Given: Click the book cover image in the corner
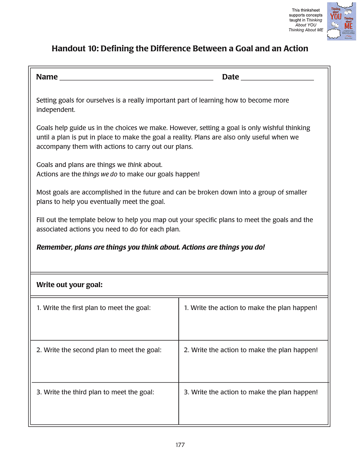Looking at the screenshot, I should pos(341,21).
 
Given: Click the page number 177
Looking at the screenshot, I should pos(180,445).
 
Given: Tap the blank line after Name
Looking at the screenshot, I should pos(136,79).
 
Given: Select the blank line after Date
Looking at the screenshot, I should pos(277,79).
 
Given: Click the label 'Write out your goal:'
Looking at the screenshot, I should pos(69,285).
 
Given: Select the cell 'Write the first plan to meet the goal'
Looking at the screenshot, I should pos(104,319).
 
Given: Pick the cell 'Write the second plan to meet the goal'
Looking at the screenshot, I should pos(104,361).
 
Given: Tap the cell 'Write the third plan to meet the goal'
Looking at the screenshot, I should pos(104,403).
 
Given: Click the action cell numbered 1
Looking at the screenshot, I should pos(253,319).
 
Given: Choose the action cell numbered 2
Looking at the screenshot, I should pos(253,361).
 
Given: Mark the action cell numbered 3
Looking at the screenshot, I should pos(253,403).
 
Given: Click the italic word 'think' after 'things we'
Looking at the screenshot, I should pos(135,165).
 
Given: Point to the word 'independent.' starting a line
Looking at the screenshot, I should pos(56,110).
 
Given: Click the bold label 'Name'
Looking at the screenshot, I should pos(47,77).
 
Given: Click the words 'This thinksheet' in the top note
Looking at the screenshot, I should pos(306,10).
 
